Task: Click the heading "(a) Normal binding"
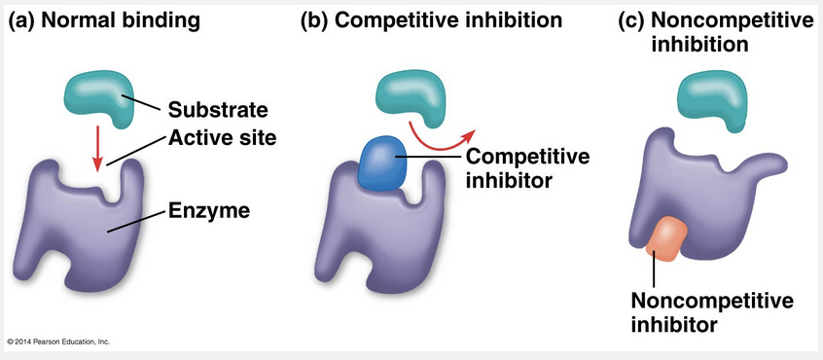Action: coord(104,20)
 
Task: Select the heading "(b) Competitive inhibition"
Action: coord(432,20)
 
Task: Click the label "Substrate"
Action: coord(218,111)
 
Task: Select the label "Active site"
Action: coord(222,138)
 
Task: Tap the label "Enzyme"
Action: coord(208,211)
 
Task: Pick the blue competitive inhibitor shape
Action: coord(382,162)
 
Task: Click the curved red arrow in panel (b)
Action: coord(441,137)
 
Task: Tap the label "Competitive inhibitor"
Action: coord(527,168)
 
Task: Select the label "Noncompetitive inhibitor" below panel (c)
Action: coord(712,312)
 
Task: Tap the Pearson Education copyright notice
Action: coord(58,342)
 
